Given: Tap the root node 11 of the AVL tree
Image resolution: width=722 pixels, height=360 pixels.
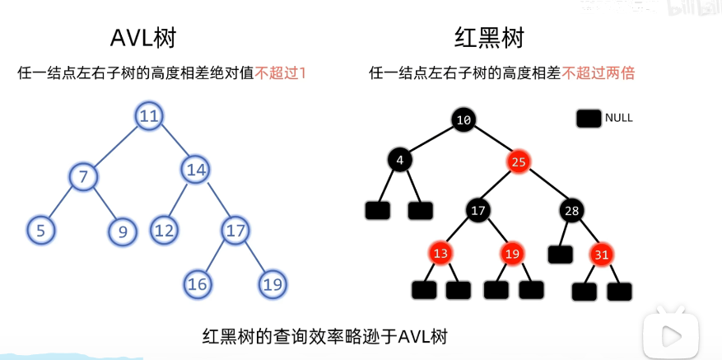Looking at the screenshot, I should pyautogui.click(x=149, y=116).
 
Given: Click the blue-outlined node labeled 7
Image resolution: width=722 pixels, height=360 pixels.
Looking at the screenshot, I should pyautogui.click(x=83, y=176).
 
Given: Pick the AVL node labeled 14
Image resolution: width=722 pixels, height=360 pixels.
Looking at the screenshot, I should pyautogui.click(x=195, y=170).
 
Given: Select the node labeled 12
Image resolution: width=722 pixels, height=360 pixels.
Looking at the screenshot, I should pyautogui.click(x=165, y=230).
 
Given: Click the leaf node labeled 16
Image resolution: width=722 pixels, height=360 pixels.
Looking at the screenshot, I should pyautogui.click(x=197, y=284).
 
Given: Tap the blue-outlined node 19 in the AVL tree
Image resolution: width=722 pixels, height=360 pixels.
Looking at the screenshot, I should pyautogui.click(x=272, y=284).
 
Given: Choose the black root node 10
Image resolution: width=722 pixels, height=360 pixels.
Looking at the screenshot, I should pyautogui.click(x=463, y=119).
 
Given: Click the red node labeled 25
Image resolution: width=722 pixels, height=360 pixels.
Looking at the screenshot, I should pyautogui.click(x=518, y=161).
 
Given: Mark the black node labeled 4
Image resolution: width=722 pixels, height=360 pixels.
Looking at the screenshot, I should pyautogui.click(x=400, y=161).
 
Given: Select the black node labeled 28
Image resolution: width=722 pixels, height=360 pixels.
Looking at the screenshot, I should pyautogui.click(x=572, y=211).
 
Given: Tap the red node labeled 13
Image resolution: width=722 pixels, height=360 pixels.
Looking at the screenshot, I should pyautogui.click(x=441, y=254).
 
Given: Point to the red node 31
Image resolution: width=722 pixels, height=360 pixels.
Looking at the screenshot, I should pyautogui.click(x=601, y=255).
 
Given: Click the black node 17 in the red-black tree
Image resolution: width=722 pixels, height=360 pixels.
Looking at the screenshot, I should pyautogui.click(x=478, y=211).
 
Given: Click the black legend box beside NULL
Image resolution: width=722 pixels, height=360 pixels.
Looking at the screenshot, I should pyautogui.click(x=589, y=119).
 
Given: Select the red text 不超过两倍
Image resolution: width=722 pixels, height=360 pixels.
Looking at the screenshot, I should pyautogui.click(x=599, y=73).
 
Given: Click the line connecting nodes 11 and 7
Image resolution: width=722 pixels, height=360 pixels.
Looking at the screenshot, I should pyautogui.click(x=114, y=147).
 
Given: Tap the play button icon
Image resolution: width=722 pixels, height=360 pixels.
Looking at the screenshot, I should pyautogui.click(x=671, y=335).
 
